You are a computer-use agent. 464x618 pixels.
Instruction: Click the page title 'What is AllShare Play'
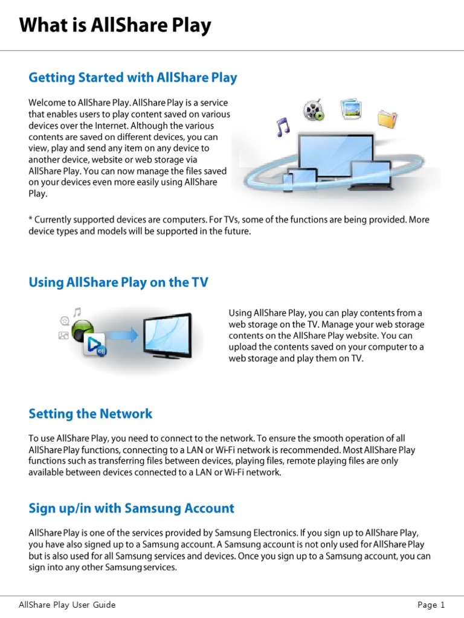(115, 25)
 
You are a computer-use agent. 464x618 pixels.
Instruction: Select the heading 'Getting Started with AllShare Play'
(133, 78)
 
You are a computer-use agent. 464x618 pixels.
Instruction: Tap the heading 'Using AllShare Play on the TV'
(118, 282)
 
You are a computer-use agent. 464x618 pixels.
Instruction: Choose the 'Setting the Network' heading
(91, 413)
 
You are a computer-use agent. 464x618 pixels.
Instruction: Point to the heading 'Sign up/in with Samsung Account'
(131, 508)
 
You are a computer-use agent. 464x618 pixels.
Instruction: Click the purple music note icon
(282, 127)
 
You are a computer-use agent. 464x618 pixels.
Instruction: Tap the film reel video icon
(314, 110)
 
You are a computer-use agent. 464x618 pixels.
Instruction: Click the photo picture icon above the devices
(350, 109)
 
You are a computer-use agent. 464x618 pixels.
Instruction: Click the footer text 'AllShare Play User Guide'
(67, 605)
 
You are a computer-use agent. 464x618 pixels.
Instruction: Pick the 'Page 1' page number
(431, 605)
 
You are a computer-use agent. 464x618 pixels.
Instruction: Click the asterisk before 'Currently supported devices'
(31, 220)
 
